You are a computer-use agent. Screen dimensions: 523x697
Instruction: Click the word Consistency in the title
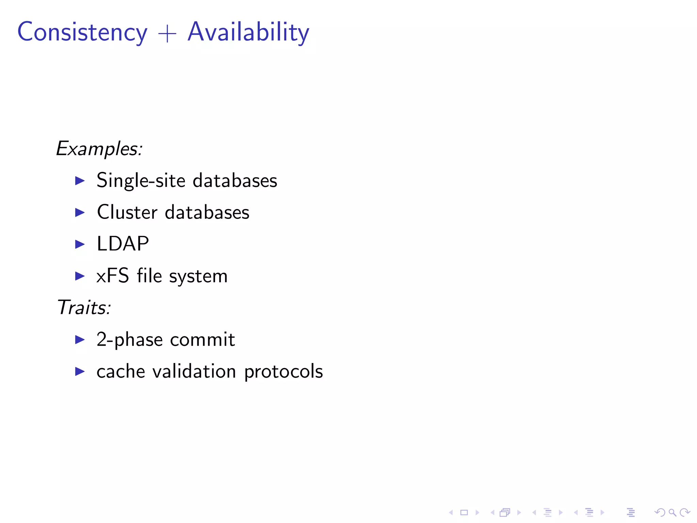82,32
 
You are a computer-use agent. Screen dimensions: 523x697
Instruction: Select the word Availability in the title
248,32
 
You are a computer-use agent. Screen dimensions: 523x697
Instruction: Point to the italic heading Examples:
99,149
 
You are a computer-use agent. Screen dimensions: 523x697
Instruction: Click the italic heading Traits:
84,307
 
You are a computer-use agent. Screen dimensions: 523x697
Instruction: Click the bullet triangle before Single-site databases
80,180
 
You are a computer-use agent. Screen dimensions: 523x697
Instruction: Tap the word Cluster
127,212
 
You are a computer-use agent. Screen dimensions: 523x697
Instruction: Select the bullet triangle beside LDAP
80,244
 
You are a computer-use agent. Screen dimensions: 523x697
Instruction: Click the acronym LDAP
123,244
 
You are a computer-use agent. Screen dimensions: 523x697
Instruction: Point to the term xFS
113,276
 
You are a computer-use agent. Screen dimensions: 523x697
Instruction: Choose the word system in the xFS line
198,276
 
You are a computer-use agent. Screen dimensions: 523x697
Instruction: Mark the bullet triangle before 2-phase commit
80,339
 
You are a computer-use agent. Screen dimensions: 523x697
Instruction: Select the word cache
121,371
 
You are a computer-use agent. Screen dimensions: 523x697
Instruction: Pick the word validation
194,371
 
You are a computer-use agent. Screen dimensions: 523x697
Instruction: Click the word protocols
283,371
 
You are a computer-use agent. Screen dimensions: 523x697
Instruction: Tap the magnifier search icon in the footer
672,512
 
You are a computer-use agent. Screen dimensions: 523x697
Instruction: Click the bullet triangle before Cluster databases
80,212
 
